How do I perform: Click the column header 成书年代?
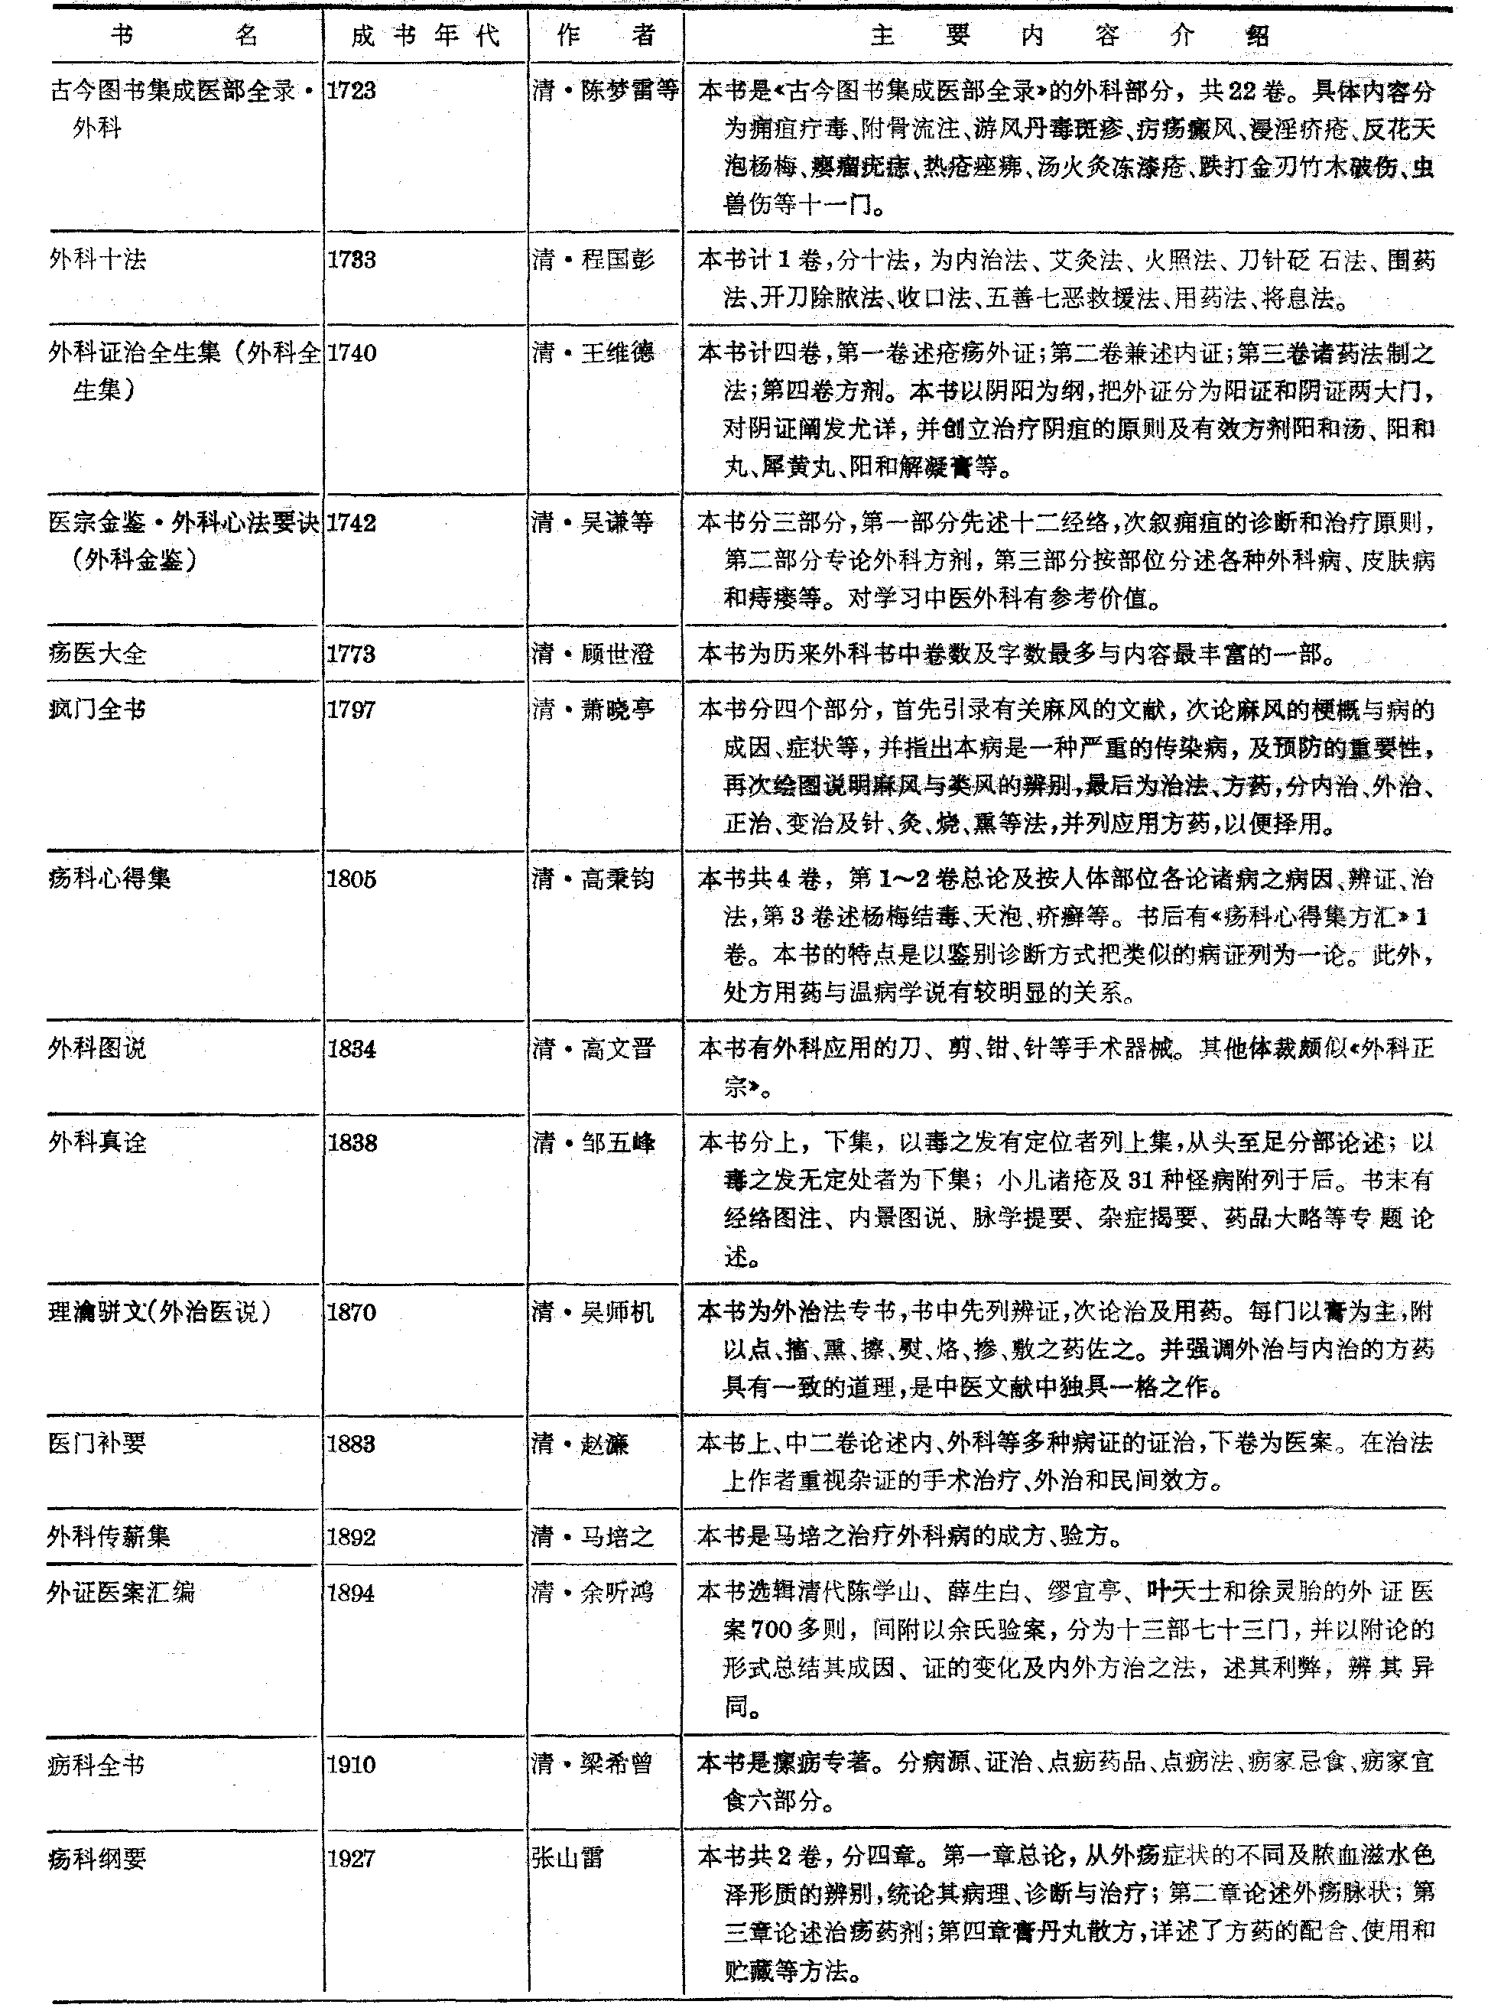pyautogui.click(x=424, y=36)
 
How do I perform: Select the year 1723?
pyautogui.click(x=351, y=91)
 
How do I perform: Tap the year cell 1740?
pyautogui.click(x=351, y=353)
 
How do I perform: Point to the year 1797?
pyautogui.click(x=351, y=710)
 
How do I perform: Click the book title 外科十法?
pyautogui.click(x=97, y=260)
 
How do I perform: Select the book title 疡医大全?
pyautogui.click(x=97, y=654)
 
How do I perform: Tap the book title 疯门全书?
pyautogui.click(x=97, y=710)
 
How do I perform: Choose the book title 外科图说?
pyautogui.click(x=97, y=1049)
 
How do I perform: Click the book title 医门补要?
pyautogui.click(x=97, y=1444)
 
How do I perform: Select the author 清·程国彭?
pyautogui.click(x=593, y=260)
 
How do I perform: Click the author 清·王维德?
pyautogui.click(x=593, y=353)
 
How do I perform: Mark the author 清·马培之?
pyautogui.click(x=593, y=1537)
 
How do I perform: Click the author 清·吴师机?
pyautogui.click(x=593, y=1312)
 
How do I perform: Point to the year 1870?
pyautogui.click(x=351, y=1312)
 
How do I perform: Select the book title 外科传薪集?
pyautogui.click(x=109, y=1537)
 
